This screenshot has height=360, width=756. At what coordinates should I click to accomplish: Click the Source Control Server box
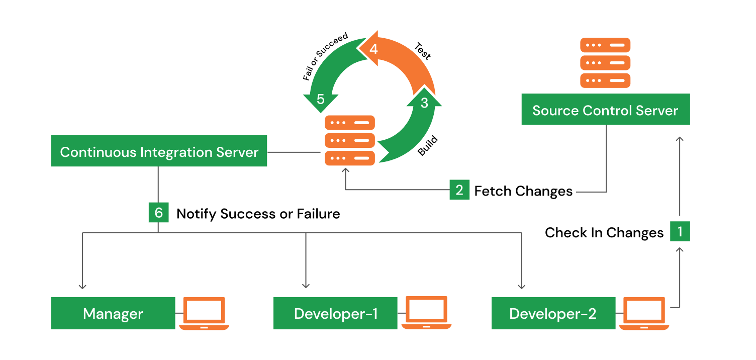click(x=605, y=110)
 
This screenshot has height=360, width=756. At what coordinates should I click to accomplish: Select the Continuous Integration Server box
click(x=159, y=151)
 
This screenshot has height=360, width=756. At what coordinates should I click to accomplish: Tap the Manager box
click(x=113, y=314)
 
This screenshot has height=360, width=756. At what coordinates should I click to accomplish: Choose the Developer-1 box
click(x=336, y=314)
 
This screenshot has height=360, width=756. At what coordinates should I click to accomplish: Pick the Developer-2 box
click(x=553, y=314)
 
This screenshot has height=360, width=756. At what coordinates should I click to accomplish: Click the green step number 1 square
click(x=680, y=232)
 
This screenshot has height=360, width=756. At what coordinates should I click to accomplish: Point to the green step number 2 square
click(x=459, y=191)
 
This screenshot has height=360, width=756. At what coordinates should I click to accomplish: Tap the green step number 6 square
click(x=158, y=213)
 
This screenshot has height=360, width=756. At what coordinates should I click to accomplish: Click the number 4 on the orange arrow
click(x=373, y=49)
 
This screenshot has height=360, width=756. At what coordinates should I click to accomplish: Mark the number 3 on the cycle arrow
click(x=424, y=103)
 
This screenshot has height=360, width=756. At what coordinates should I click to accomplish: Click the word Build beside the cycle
click(x=428, y=146)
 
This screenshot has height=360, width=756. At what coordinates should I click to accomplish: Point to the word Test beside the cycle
click(x=422, y=51)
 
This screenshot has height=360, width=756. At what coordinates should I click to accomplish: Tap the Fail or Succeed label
click(x=325, y=57)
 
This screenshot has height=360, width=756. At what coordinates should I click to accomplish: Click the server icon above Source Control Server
click(x=605, y=63)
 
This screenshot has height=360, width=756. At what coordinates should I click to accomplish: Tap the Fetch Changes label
click(x=523, y=191)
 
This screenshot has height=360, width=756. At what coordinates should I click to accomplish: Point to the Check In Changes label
click(x=604, y=233)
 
